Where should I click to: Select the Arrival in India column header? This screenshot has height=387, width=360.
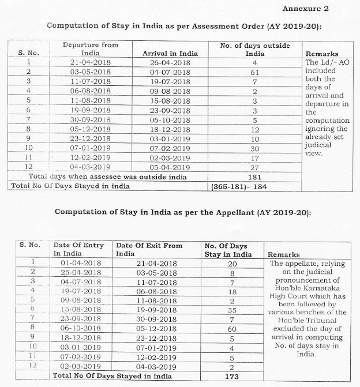[x=170, y=54]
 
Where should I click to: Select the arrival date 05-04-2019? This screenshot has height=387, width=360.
[x=170, y=166]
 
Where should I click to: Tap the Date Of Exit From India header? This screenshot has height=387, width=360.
[x=149, y=249]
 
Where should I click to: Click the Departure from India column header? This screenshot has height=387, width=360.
[x=91, y=49]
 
